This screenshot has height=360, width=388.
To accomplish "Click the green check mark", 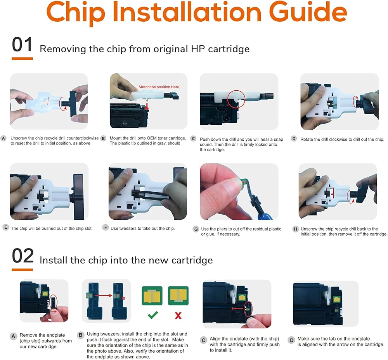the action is coord(152,315).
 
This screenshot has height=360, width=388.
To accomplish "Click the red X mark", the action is coord(178,315).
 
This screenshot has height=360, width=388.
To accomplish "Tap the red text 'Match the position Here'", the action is coord(159,87).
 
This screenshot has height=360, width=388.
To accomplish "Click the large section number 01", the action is coord(22,45).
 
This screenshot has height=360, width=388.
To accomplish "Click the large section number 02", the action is coord(23,256).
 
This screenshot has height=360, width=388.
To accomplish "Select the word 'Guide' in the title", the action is coord(308,12).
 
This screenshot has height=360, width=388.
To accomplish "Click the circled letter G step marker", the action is coord(196,229).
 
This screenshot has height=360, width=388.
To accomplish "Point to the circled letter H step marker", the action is coord(295,229).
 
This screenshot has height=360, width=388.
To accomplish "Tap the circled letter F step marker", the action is coord(106,227).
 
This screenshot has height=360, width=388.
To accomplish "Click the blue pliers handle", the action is coord(265,217).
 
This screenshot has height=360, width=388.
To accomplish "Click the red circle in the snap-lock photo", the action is coord(236,99).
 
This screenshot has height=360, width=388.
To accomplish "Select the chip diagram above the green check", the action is coord(152,296).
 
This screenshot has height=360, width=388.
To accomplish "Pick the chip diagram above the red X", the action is coord(178,296).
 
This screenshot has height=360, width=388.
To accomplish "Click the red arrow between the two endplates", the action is coord(103,295).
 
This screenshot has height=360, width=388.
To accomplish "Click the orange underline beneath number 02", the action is coord(22,270).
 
